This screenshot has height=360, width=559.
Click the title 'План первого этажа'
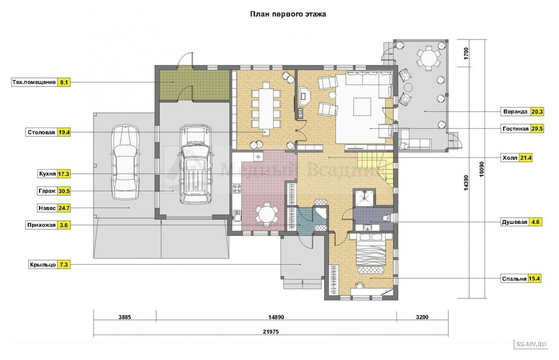(288, 14)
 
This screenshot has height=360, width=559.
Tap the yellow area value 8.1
(63, 82)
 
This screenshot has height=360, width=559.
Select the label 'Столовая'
(41, 133)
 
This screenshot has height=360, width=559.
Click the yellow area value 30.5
(64, 191)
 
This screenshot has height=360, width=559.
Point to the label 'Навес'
(47, 208)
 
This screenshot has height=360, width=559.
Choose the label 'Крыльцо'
(43, 265)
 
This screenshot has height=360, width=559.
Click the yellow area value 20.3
(537, 112)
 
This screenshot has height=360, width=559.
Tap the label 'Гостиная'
(515, 129)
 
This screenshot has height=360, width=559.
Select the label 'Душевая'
(514, 222)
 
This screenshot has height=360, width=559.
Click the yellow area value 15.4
(534, 279)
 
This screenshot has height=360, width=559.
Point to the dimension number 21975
(271, 331)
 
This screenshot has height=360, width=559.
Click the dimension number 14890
(276, 317)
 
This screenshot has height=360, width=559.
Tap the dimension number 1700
(466, 54)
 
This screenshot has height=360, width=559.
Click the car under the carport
(124, 162)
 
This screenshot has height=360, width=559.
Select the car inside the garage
(195, 164)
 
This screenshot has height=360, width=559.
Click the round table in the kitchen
(266, 214)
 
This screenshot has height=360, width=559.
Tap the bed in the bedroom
(371, 253)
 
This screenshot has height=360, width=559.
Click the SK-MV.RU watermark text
(530, 344)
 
